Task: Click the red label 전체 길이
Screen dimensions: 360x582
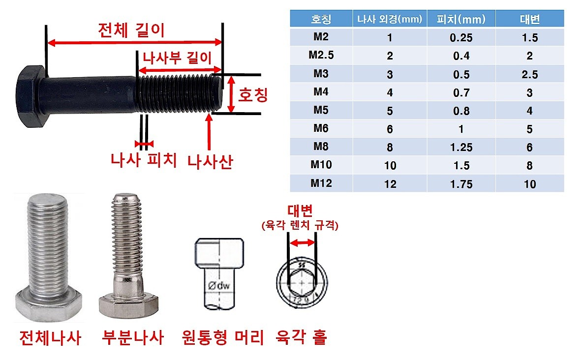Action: click(x=131, y=30)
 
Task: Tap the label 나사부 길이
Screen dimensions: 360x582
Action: click(x=177, y=57)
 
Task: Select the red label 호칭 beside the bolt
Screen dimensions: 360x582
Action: click(x=253, y=94)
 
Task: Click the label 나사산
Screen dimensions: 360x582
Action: click(x=210, y=161)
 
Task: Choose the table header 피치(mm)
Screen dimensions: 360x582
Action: click(x=461, y=19)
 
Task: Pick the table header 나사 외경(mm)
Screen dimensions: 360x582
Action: click(x=390, y=19)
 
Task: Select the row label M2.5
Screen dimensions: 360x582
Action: click(x=321, y=55)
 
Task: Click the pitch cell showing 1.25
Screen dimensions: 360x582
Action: click(x=461, y=147)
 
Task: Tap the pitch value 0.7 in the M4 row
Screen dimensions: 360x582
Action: click(x=461, y=92)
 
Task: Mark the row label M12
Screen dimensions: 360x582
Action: click(x=321, y=183)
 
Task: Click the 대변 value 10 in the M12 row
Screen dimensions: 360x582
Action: click(x=529, y=184)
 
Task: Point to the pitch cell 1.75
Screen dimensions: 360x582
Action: click(x=461, y=184)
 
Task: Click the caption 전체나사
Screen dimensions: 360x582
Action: click(x=50, y=338)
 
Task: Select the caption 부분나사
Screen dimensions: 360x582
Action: click(x=132, y=338)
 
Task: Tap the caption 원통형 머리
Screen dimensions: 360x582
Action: click(x=223, y=338)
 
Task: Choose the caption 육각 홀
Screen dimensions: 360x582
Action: click(x=302, y=338)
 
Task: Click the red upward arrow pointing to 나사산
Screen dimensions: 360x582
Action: click(x=210, y=132)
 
